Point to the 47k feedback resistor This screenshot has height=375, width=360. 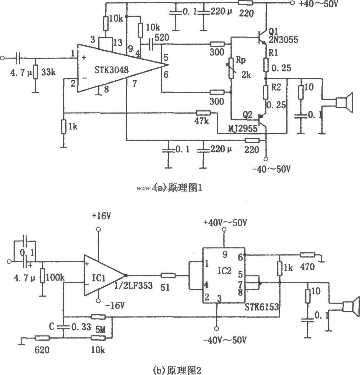[x=203, y=113]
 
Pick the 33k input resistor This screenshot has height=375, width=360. [x=35, y=72]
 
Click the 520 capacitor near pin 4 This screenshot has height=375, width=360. [x=151, y=44]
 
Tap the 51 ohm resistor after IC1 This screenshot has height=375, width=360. [x=168, y=276]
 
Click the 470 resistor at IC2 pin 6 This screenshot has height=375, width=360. [x=307, y=255]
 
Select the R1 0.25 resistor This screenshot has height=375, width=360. [x=266, y=65]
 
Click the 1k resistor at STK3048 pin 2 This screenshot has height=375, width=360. [x=64, y=127]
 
